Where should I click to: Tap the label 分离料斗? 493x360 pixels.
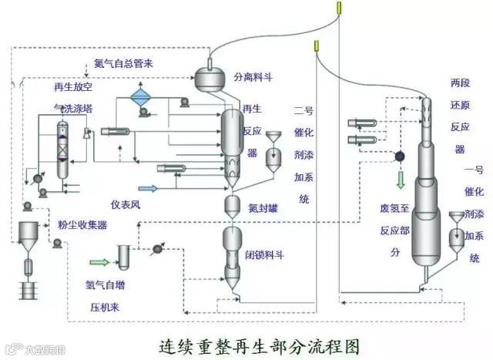(x=255, y=78)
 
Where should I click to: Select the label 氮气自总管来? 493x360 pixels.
(x=123, y=63)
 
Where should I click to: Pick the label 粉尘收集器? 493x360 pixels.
(x=82, y=225)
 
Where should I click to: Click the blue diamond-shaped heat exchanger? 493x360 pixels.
(x=141, y=97)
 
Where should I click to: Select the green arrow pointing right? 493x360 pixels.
(x=100, y=262)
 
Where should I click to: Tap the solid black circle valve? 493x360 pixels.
(x=401, y=156)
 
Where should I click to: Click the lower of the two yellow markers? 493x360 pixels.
(x=316, y=48)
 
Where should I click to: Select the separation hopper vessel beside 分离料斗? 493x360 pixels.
(x=210, y=76)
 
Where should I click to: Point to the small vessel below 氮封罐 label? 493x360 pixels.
(x=233, y=206)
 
